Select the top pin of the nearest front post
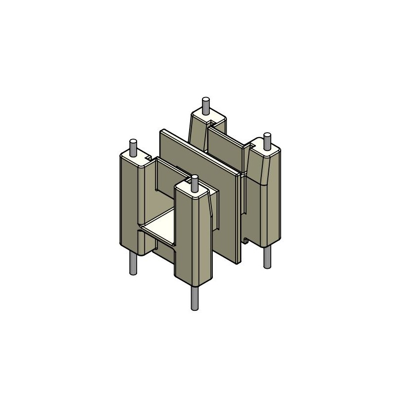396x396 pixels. coord(194,183)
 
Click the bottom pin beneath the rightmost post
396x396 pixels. coord(267,257)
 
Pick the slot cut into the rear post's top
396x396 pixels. coord(214,120)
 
